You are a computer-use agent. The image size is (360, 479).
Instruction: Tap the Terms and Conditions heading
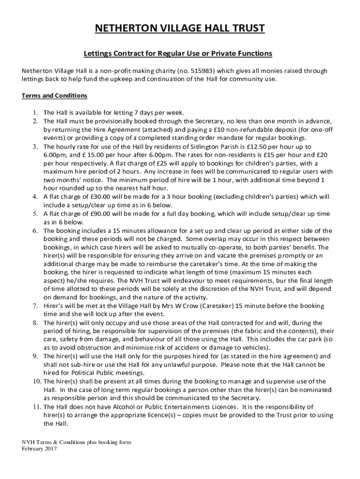tap(54, 96)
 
